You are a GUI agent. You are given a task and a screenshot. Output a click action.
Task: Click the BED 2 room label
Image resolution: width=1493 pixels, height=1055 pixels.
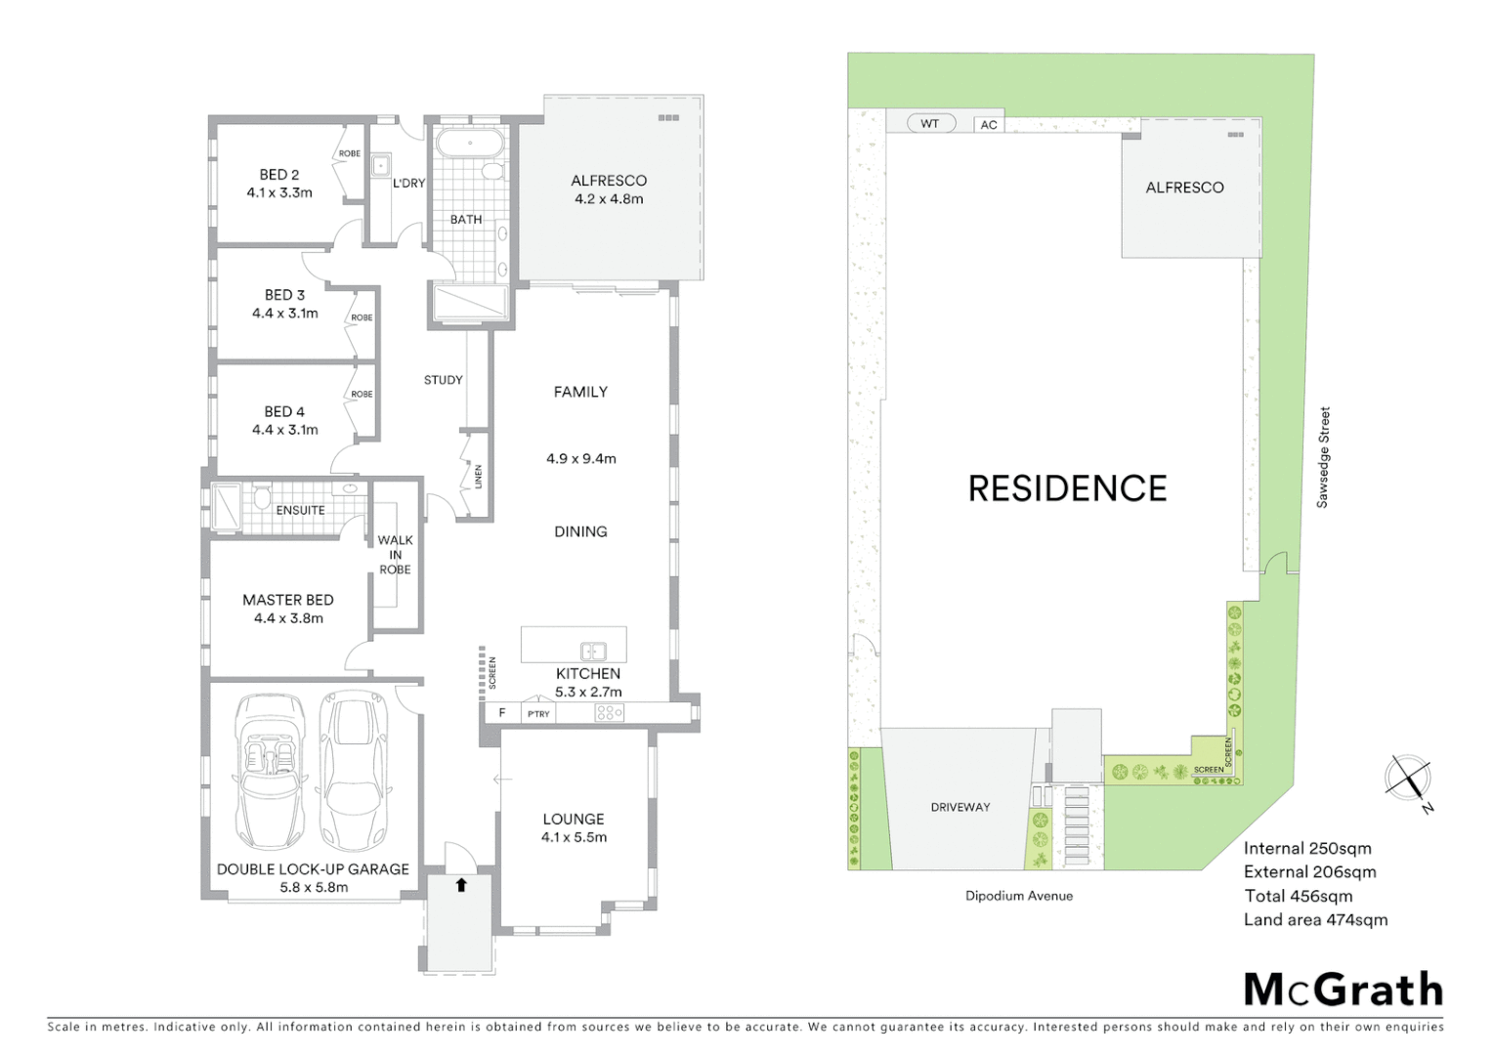click(x=279, y=175)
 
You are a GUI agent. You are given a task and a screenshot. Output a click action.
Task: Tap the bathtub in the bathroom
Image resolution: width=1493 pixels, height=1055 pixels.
click(x=470, y=145)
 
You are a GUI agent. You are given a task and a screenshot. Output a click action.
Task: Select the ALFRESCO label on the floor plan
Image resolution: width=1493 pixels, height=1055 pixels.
click(x=609, y=181)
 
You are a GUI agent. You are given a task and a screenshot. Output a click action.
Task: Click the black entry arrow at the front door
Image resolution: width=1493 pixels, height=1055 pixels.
click(x=461, y=885)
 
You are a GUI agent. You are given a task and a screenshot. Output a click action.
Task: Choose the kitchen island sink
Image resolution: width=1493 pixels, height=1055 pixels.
click(x=593, y=651)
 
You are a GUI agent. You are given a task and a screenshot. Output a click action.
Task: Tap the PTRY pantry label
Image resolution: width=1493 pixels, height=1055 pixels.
click(x=538, y=714)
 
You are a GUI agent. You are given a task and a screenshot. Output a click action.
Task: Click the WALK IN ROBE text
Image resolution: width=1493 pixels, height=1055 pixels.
click(x=396, y=555)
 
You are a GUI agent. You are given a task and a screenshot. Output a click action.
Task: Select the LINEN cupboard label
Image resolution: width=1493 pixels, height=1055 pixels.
click(x=479, y=476)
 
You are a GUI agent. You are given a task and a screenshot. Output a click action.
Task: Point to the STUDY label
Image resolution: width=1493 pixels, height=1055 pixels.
click(x=443, y=380)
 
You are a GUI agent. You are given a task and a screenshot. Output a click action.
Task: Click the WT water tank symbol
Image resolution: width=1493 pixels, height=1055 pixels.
click(x=930, y=124)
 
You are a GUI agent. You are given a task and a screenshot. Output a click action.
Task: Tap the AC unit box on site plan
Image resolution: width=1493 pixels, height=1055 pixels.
click(x=989, y=125)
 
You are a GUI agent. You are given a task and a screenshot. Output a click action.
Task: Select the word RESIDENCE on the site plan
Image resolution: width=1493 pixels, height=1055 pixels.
click(x=1067, y=488)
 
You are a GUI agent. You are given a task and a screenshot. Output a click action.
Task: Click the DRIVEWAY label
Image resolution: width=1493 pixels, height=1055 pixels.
click(x=960, y=807)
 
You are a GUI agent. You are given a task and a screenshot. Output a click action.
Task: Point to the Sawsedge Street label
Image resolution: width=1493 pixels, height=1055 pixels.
click(x=1323, y=457)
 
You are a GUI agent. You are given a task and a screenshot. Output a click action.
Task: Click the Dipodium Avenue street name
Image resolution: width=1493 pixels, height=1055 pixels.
click(x=1019, y=896)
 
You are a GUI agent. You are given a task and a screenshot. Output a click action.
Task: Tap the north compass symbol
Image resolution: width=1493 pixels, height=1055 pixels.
click(x=1409, y=779)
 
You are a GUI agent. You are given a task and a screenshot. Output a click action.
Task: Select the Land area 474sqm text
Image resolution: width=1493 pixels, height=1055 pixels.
click(x=1315, y=920)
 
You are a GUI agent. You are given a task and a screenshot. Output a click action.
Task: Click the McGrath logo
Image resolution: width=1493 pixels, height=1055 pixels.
click(x=1344, y=990)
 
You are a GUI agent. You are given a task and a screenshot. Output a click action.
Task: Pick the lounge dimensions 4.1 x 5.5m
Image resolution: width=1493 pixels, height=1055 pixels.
click(x=574, y=837)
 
